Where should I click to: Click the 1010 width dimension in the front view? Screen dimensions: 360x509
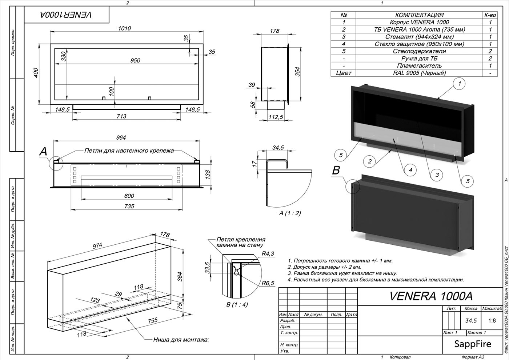124,28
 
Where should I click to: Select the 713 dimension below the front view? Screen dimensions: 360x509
121,116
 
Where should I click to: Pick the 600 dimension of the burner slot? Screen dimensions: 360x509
129,196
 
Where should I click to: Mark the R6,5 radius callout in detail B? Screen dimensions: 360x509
268,283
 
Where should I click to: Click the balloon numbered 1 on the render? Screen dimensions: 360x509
460,84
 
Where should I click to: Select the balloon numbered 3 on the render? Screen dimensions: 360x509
437,175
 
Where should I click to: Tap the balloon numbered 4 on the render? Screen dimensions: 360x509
410,169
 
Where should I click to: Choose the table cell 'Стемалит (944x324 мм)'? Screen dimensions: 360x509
419,37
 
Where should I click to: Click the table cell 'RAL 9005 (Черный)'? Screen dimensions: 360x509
419,73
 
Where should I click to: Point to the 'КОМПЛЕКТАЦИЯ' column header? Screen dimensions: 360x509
419,15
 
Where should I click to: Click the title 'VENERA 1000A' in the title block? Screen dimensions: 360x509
431,296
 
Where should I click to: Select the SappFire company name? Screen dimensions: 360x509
473,344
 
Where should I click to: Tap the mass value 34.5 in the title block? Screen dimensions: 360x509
471,321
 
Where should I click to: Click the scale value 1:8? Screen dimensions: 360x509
492,321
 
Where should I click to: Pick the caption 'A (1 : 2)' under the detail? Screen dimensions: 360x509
290,213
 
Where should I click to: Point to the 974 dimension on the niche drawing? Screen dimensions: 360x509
97,246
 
